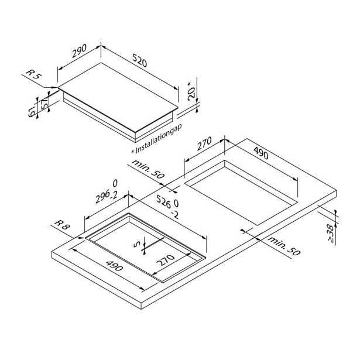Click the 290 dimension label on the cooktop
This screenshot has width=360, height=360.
point(80,51)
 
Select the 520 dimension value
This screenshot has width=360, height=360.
point(139,60)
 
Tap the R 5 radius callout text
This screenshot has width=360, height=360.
point(33,74)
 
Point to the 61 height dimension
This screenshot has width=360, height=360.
point(32,112)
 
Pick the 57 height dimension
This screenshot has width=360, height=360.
point(44,102)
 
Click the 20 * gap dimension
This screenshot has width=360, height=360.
point(191,91)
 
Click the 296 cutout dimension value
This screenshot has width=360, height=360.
point(102,197)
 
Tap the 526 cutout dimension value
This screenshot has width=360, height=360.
point(164,201)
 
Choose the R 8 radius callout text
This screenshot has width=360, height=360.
point(62,225)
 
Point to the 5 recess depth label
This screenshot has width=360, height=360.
point(137,245)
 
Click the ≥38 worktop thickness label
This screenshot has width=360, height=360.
point(330,233)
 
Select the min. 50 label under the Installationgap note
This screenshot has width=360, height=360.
point(148,169)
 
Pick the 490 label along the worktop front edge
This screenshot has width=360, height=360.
point(114,266)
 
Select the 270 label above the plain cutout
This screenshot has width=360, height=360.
point(204,143)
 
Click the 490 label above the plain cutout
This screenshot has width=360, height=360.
point(261,153)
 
